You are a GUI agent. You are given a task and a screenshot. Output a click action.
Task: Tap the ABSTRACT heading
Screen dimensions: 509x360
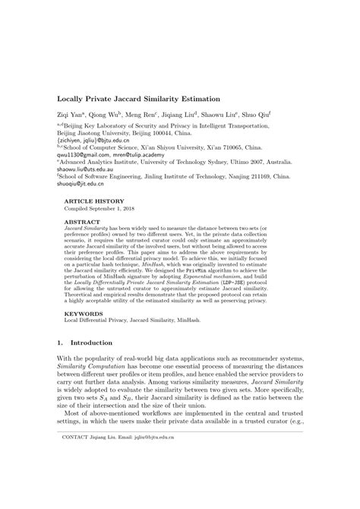pyautogui.click(x=82, y=218)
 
